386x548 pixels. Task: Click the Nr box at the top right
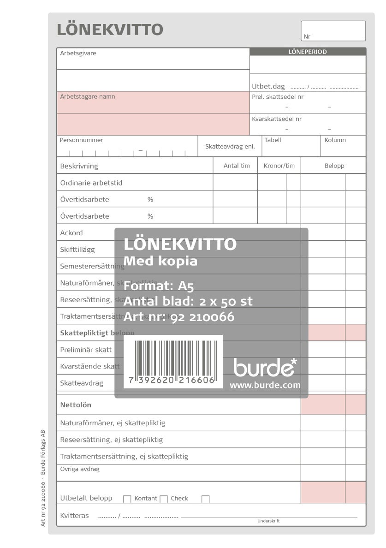click(x=333, y=31)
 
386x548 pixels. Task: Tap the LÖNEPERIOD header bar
click(x=308, y=52)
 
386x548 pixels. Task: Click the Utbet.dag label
click(x=268, y=86)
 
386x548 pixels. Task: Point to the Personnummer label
click(x=82, y=140)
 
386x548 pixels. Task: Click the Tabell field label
click(x=273, y=140)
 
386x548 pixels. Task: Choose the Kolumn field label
click(x=335, y=140)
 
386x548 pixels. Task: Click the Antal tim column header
click(x=237, y=166)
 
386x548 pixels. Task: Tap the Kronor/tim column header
click(x=279, y=166)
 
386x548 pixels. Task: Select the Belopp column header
click(x=334, y=166)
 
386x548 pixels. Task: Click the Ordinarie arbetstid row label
click(x=91, y=183)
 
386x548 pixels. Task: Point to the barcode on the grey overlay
click(x=173, y=362)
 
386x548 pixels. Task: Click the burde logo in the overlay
click(x=265, y=367)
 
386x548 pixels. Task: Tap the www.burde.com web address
click(x=265, y=385)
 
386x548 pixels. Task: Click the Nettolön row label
click(x=76, y=405)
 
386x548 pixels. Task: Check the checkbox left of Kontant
click(x=127, y=499)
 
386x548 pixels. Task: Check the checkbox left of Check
click(x=164, y=499)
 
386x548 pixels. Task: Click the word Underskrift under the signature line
click(x=268, y=521)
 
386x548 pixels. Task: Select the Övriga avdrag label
click(x=80, y=469)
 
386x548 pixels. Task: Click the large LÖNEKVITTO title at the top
click(x=110, y=30)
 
